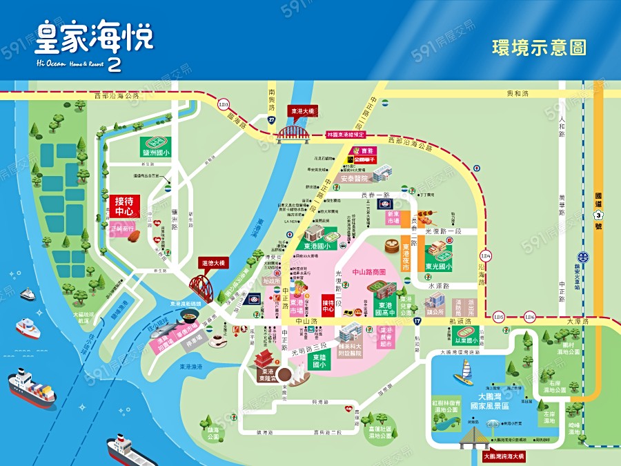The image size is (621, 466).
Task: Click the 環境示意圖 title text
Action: pos(539,48)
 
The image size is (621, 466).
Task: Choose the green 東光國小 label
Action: pos(438,266)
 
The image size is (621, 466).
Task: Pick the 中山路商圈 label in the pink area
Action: pos(371,273)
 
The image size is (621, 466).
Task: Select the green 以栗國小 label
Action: pos(466,340)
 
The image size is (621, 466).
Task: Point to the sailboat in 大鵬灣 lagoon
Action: pos(463,376)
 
